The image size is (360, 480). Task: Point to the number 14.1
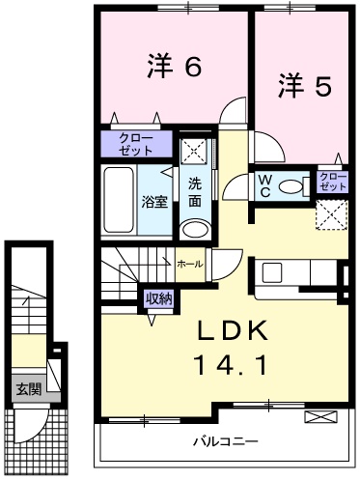[233, 368]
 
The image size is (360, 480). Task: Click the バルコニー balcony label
[224, 440]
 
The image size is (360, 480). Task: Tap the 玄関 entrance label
[27, 390]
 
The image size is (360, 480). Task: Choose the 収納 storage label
[158, 298]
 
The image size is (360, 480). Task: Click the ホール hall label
[189, 263]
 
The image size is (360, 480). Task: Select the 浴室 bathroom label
[154, 201]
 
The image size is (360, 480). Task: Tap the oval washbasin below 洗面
[195, 229]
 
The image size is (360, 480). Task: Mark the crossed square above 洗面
[196, 152]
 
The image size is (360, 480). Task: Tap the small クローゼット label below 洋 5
[331, 180]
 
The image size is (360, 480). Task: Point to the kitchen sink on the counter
[270, 272]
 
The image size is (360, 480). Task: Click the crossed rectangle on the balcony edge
[318, 416]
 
